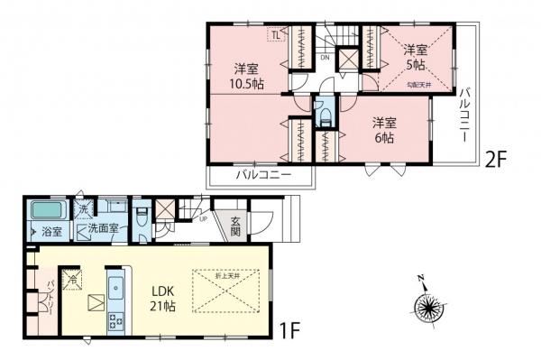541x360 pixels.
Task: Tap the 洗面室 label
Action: [104, 229]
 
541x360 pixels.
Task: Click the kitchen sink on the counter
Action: [116, 290]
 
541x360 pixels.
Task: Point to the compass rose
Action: [428, 306]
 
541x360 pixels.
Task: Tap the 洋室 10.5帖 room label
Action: [245, 76]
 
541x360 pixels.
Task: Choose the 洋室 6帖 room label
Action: [384, 130]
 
